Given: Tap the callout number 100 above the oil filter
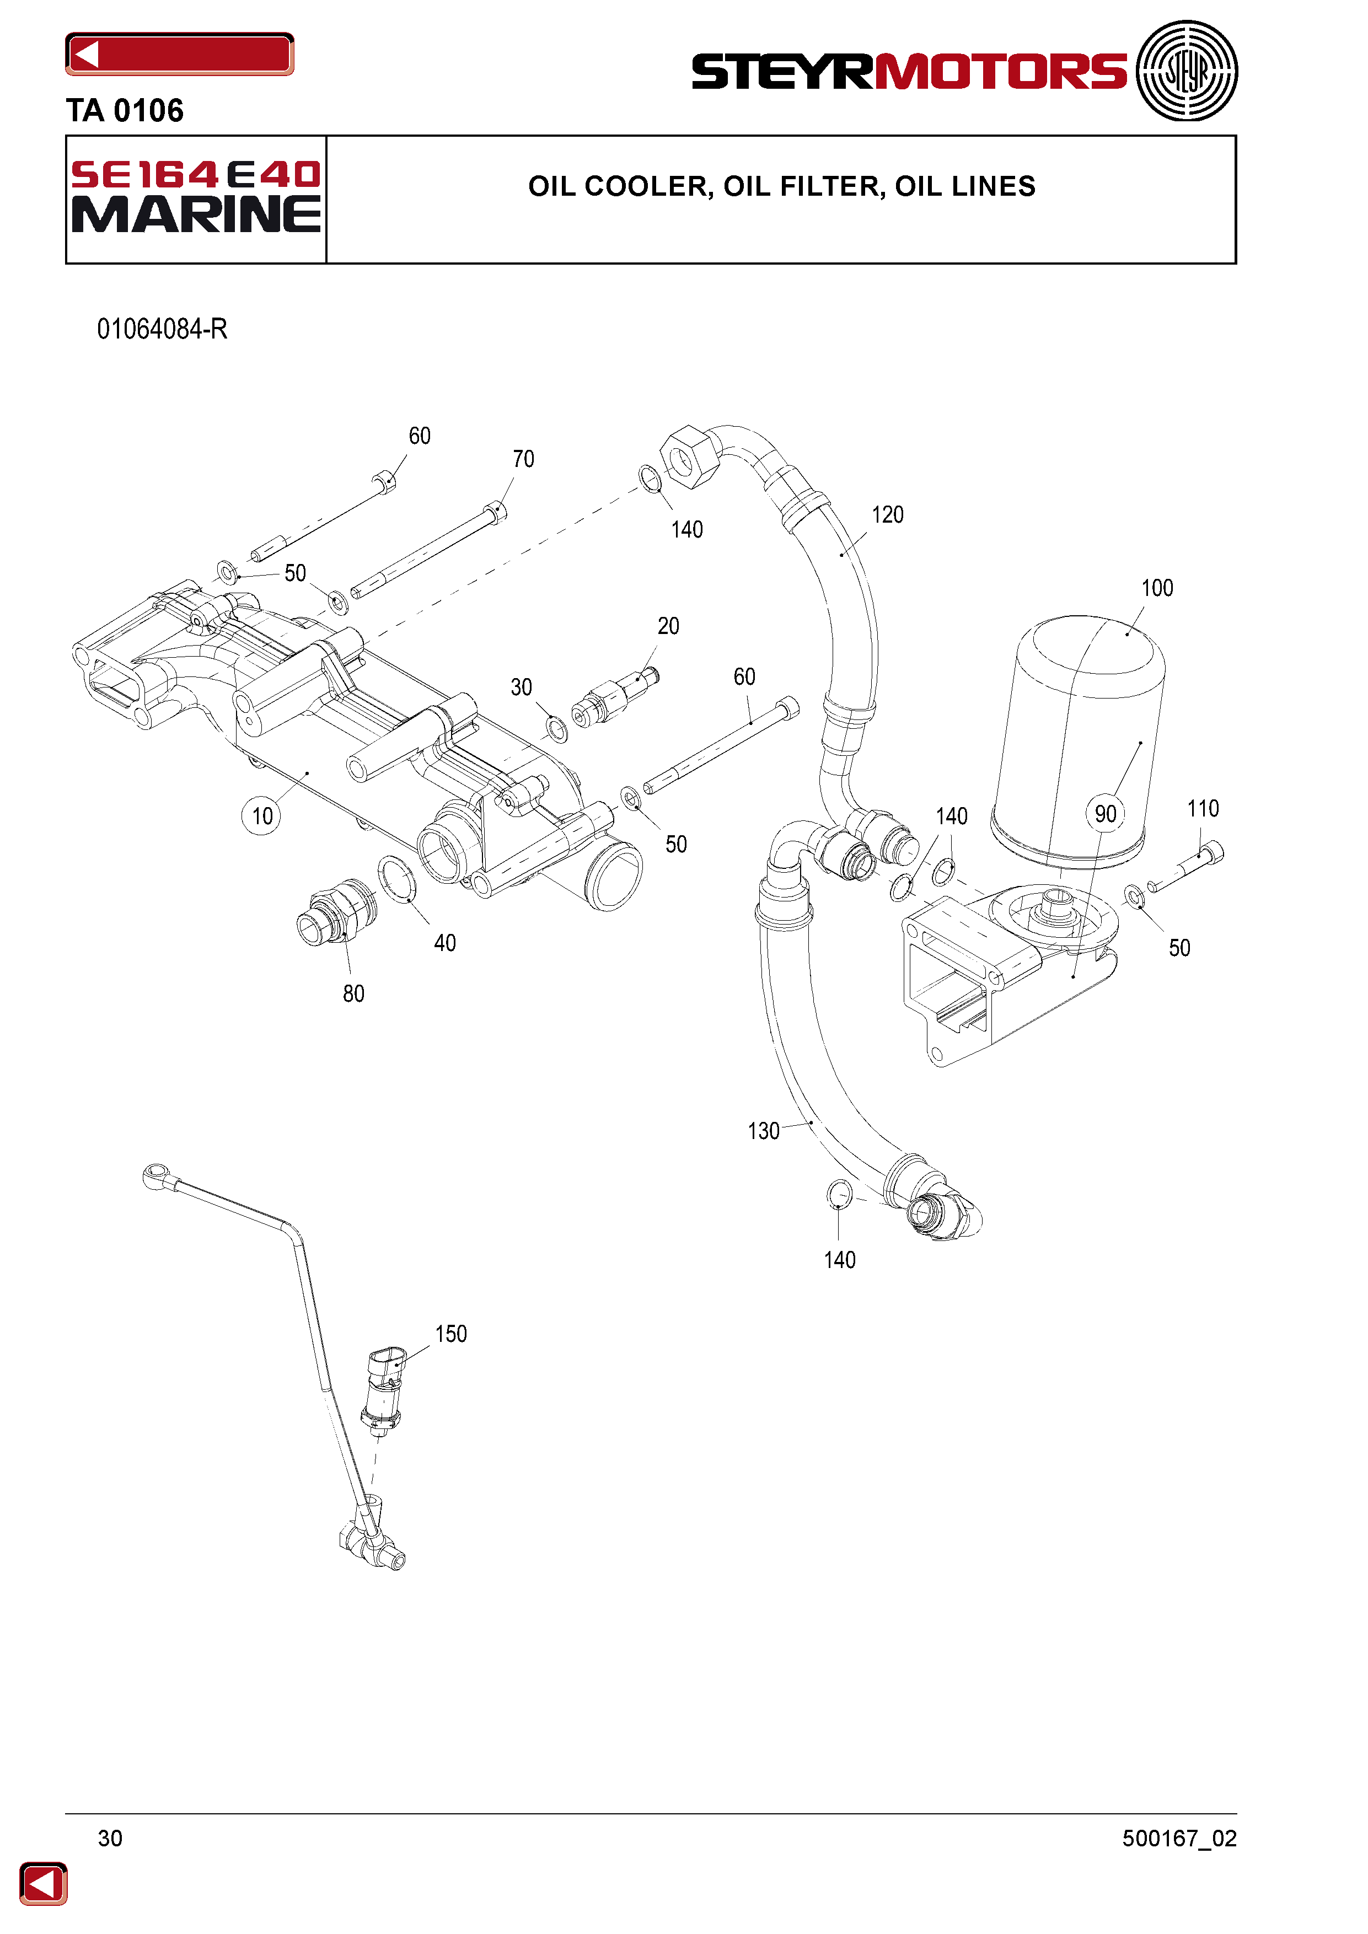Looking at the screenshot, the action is pos(1157,588).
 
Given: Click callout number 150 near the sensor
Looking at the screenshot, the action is pos(450,1334).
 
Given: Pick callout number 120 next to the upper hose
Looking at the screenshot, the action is pos(887,515).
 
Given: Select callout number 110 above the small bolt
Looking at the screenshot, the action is pos(1203,809).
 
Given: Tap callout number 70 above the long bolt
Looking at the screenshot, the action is pos(523,459).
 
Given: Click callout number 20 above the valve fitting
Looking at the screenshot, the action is pos(668,626).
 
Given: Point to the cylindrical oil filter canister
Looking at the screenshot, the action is pos(1079,742).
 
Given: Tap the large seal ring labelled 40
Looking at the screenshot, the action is pos(397,879).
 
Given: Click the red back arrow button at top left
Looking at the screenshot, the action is pos(179,54).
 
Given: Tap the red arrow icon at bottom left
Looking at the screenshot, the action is pos(43,1883).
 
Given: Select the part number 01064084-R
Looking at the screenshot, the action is pos(163,329).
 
